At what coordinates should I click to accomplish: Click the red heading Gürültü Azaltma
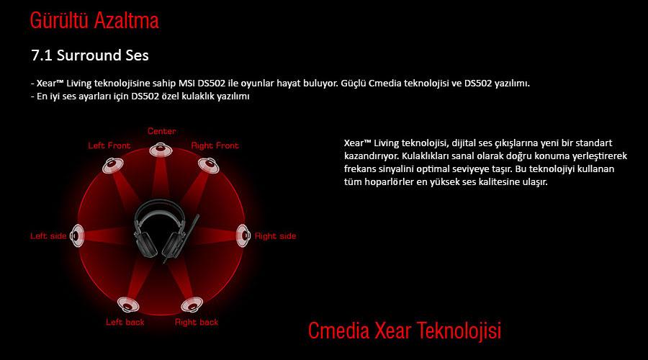94,21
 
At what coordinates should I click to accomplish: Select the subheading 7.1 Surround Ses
90,55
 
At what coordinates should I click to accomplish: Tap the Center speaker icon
161,149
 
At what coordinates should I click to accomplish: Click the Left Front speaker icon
113,166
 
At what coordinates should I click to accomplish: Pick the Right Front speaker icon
208,166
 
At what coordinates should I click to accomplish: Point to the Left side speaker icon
77,235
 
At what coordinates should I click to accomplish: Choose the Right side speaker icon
243,235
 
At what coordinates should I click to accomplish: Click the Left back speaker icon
128,305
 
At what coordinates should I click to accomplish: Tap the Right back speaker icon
192,305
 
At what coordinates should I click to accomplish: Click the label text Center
161,131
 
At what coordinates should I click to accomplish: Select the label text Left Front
109,145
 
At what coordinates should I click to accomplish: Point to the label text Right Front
215,145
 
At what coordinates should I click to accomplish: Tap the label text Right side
275,236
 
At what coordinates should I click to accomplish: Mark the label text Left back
125,322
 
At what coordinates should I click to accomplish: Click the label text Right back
197,322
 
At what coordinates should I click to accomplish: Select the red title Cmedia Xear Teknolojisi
405,330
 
